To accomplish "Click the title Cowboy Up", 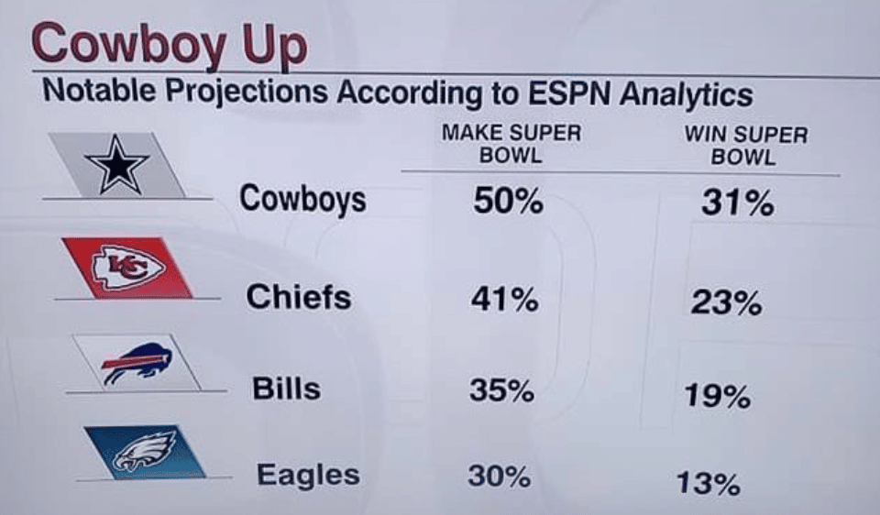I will (x=169, y=45).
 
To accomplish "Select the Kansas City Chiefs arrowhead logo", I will (x=128, y=268).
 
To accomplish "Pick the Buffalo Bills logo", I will (x=137, y=362).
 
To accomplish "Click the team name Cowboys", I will (x=302, y=199).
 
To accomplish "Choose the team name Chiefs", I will (x=298, y=296).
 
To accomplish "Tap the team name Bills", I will (x=286, y=388).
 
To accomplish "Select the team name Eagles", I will (x=308, y=475).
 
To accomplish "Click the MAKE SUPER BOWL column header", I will (x=511, y=144).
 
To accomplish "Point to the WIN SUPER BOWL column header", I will (x=745, y=145).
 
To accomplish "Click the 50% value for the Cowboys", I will (x=509, y=202).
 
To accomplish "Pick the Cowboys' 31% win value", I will (x=737, y=203).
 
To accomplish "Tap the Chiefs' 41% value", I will (x=504, y=299).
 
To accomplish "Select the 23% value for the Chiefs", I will (x=726, y=303).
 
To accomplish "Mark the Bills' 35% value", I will (x=501, y=391).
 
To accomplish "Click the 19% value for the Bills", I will (x=718, y=396).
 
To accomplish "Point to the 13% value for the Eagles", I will (x=709, y=482).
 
